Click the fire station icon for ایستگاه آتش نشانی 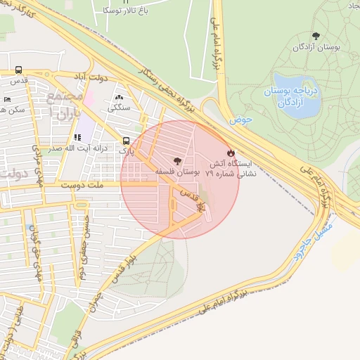(x=231, y=153)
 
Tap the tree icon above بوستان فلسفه (x=176, y=161)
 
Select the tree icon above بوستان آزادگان (x=316, y=36)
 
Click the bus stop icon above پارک (x=125, y=141)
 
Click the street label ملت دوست (x=102, y=186)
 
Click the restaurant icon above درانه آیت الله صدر (x=77, y=137)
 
